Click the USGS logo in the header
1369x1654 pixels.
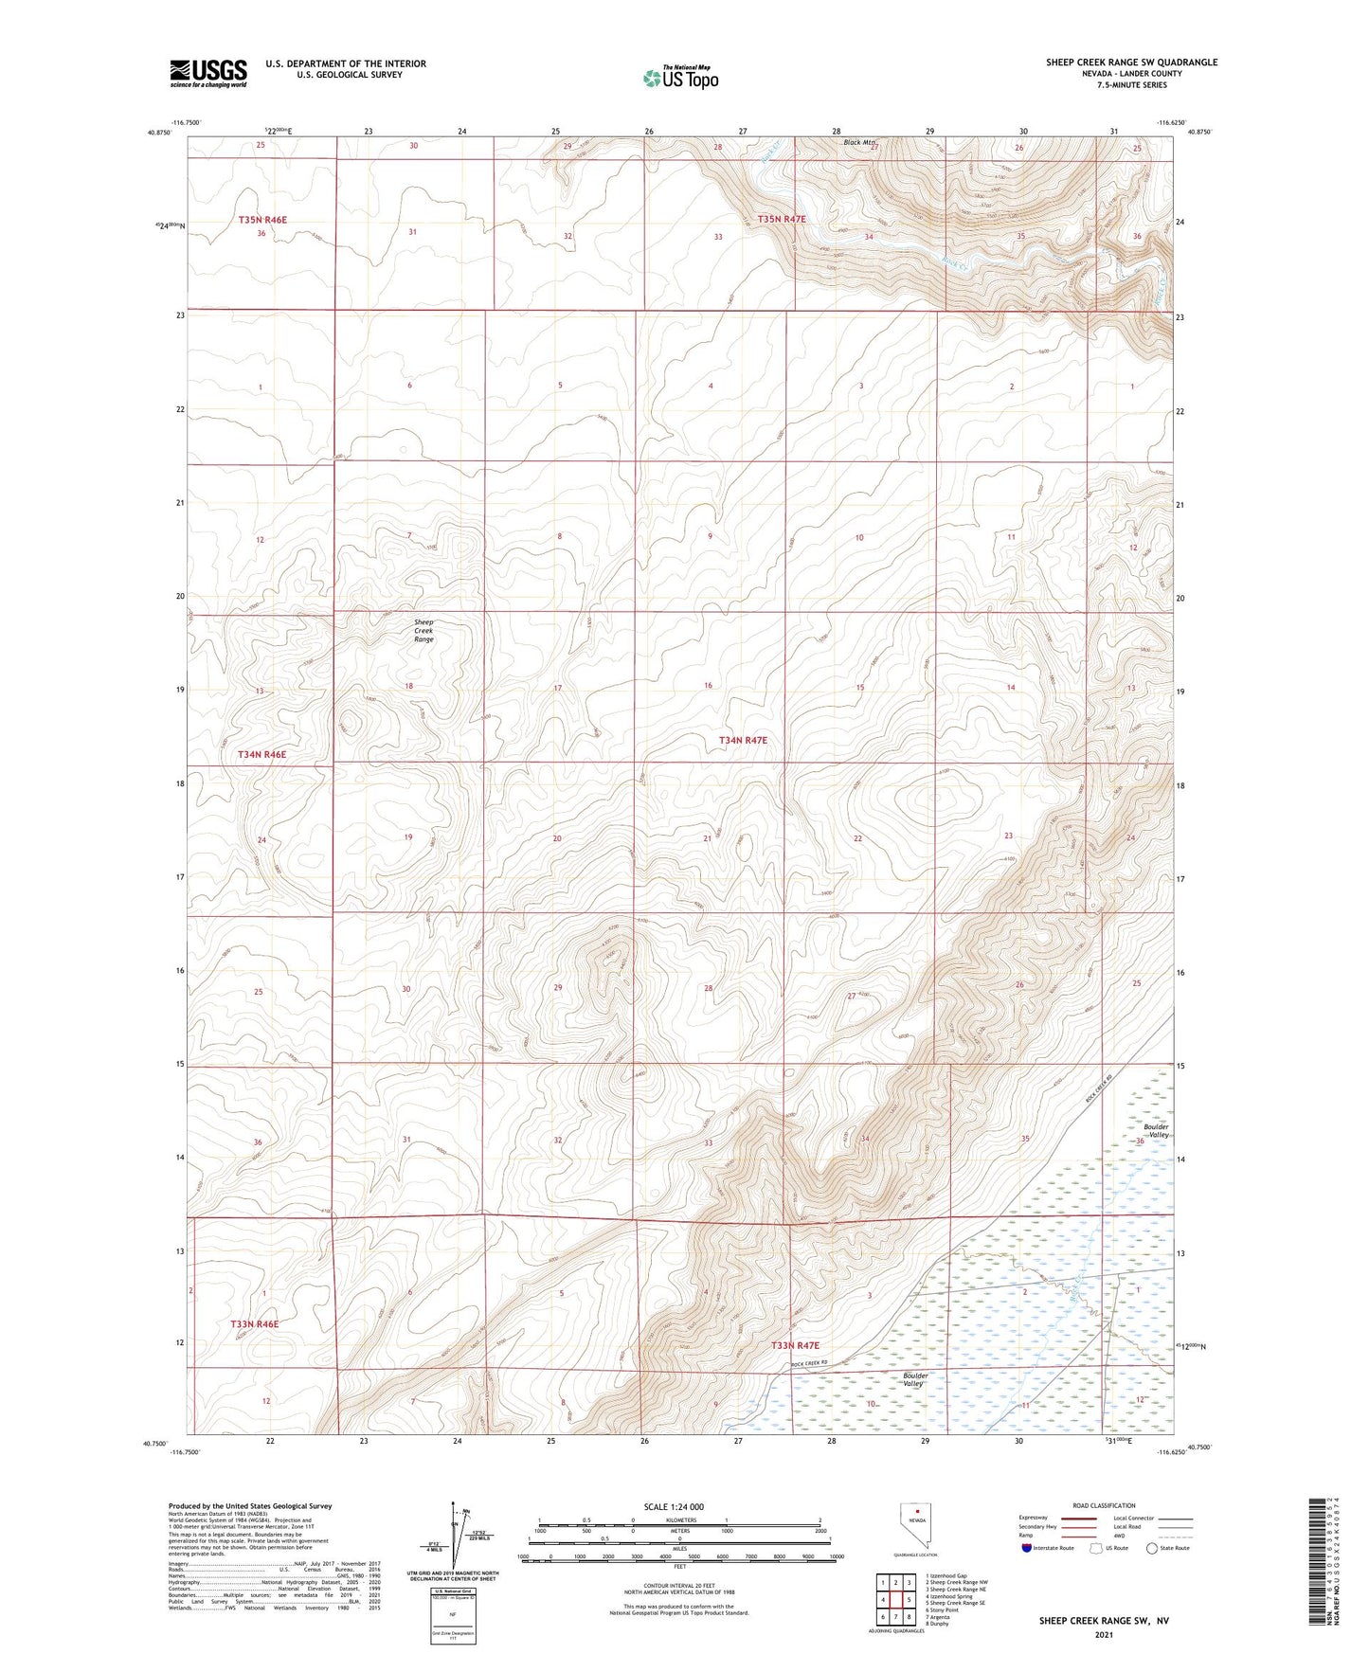tap(208, 73)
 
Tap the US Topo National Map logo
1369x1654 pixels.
tap(679, 78)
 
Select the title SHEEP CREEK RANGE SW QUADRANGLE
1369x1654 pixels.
tap(1131, 63)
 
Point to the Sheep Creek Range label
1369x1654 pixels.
tap(423, 631)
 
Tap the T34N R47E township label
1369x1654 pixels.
tap(742, 740)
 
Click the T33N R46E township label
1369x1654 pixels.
tap(254, 1323)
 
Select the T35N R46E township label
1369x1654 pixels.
tap(262, 220)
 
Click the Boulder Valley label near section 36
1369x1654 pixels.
tap(1156, 1131)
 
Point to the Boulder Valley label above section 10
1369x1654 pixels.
tap(913, 1379)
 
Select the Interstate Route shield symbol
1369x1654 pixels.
tap(1027, 1549)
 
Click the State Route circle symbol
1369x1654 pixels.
tap(1152, 1549)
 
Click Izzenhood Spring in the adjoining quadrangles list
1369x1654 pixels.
tap(949, 1596)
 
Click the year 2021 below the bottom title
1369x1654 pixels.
tap(1103, 1635)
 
